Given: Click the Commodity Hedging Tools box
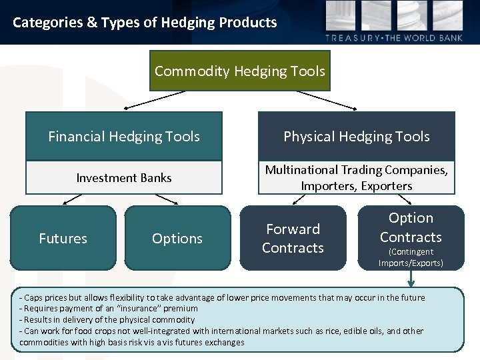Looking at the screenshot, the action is click(x=239, y=71).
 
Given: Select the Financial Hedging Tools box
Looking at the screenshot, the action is click(x=124, y=137).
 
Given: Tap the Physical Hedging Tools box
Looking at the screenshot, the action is click(x=357, y=137).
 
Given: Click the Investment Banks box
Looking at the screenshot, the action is click(x=124, y=178).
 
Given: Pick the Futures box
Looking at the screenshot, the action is click(x=63, y=239).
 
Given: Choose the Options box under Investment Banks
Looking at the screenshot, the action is click(x=177, y=239).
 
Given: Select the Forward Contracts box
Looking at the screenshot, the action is click(x=293, y=239).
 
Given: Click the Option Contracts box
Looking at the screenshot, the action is click(x=411, y=228).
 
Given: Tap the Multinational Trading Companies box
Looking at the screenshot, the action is click(x=357, y=178).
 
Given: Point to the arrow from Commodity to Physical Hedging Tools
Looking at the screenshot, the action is click(x=327, y=99).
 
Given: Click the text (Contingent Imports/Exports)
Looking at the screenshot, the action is click(x=411, y=257).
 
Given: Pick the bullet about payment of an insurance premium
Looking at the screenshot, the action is click(x=109, y=309).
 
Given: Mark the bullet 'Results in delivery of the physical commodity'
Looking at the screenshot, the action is click(x=107, y=320).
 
